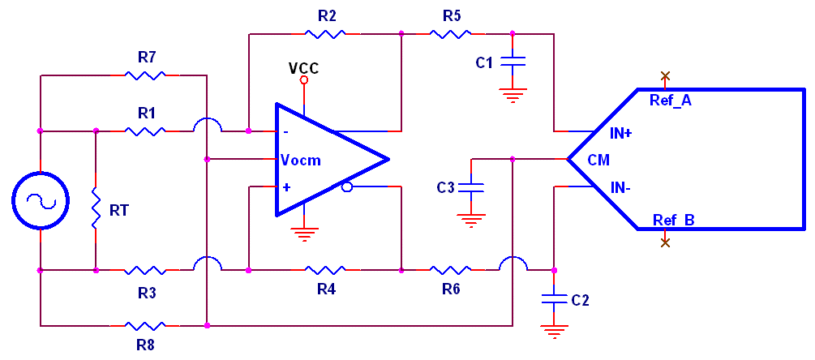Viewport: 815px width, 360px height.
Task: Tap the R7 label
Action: tap(147, 58)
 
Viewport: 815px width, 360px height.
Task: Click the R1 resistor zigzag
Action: tap(146, 130)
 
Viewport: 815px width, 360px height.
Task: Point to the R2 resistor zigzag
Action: tap(325, 34)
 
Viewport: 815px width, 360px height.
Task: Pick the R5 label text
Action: tap(452, 15)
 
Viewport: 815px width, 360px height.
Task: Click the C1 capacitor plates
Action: tap(513, 61)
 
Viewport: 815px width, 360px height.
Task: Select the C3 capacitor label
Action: tap(446, 188)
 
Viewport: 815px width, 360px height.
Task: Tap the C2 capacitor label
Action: tap(580, 300)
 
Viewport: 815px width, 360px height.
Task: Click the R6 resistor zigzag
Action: tap(451, 269)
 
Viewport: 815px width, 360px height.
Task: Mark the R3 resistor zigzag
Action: tap(146, 269)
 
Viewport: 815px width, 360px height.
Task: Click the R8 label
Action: tap(147, 344)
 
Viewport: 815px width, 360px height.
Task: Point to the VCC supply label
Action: tap(304, 67)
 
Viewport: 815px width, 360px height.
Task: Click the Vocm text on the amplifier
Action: tap(301, 161)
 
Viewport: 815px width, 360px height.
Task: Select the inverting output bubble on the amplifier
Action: tap(347, 187)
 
